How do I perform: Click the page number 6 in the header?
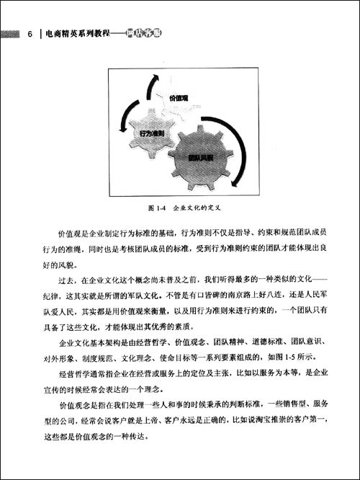click(30, 33)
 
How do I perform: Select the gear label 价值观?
click(178, 98)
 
